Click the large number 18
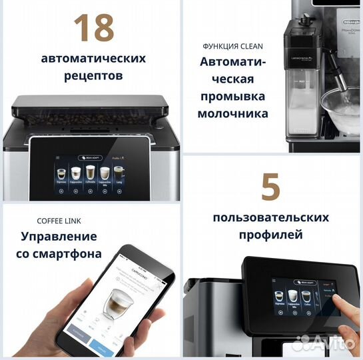click(x=93, y=27)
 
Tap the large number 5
click(x=270, y=187)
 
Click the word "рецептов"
click(x=93, y=76)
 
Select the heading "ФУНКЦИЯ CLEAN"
click(x=232, y=46)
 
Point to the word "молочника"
click(x=232, y=113)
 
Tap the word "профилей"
click(x=270, y=235)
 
